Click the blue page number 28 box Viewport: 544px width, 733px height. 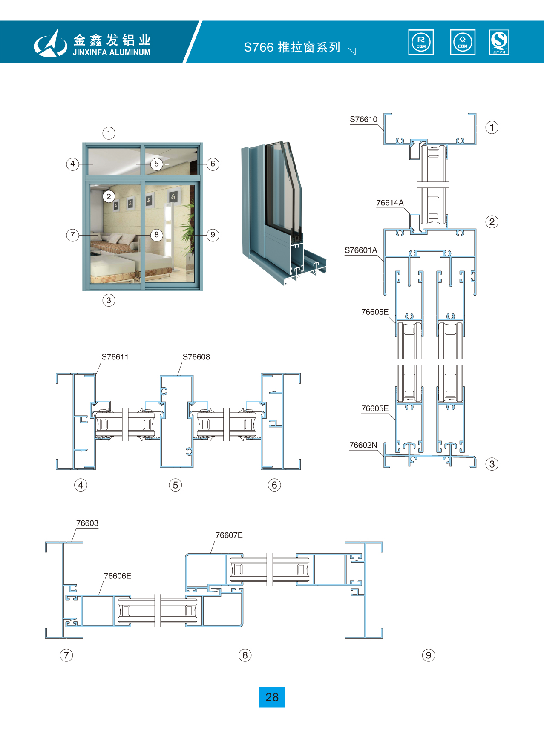(272, 697)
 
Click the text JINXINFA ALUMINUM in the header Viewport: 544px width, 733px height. (111, 52)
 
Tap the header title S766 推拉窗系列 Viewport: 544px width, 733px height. (292, 47)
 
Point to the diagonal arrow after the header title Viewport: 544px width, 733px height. (352, 52)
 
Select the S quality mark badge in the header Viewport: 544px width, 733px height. (499, 42)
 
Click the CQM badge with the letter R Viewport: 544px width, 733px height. (421, 42)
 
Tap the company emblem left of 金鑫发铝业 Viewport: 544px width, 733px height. (51, 43)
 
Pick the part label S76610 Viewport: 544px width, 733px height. (363, 119)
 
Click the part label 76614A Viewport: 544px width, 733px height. (390, 203)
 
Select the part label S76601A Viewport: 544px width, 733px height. (361, 250)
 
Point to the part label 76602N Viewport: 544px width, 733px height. (363, 445)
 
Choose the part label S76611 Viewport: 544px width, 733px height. (115, 357)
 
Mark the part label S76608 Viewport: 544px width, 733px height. (196, 357)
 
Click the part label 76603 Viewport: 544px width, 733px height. (87, 523)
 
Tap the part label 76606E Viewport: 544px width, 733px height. (118, 576)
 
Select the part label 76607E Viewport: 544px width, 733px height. (229, 535)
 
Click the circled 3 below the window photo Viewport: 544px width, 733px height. (109, 300)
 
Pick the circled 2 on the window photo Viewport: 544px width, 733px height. (109, 196)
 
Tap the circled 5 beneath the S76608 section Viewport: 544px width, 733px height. (175, 485)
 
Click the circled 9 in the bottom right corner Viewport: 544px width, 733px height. (429, 655)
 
